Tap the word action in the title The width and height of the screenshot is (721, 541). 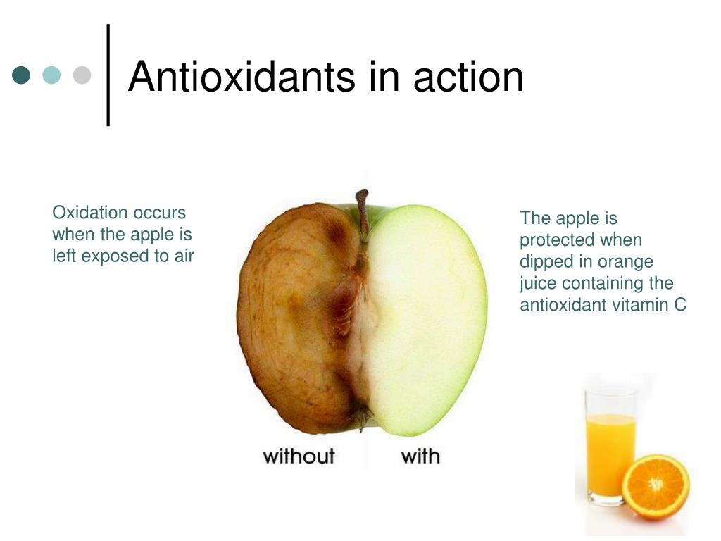468,77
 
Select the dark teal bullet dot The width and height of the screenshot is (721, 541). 22,75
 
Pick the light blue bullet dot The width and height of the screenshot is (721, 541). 52,75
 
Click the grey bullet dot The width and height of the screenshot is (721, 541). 82,75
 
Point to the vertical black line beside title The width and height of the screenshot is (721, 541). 108,75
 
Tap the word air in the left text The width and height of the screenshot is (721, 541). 184,256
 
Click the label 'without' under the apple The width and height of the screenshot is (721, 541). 299,456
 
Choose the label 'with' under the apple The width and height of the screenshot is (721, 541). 420,456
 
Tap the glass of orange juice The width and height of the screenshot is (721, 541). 610,444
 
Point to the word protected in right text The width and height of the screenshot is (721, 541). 557,240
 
